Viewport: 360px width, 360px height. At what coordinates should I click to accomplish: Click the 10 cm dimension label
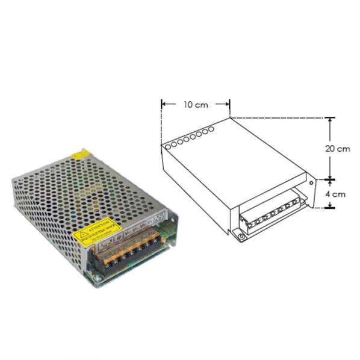[196, 105]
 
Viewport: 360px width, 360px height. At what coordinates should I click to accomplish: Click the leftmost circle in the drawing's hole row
[166, 145]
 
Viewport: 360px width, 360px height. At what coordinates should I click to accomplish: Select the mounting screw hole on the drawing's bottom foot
[242, 237]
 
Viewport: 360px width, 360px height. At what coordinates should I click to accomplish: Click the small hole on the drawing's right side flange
[312, 180]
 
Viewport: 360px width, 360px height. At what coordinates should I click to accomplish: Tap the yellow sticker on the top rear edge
[79, 155]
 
